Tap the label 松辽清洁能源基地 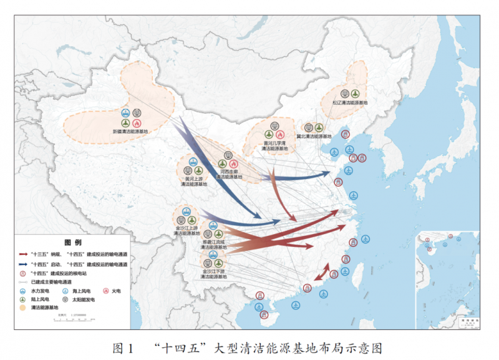click(350, 102)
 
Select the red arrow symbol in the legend click(23, 255)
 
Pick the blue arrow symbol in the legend click(23, 265)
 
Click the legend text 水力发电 click(40, 291)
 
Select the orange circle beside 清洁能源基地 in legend click(23, 308)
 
